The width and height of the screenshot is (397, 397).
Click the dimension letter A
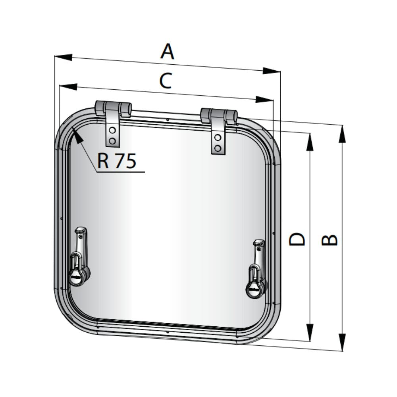(x=167, y=52)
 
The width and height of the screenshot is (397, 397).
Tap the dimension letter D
(x=297, y=239)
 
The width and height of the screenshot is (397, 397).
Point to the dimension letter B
(x=329, y=240)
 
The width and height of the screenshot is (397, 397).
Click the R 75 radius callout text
(x=117, y=161)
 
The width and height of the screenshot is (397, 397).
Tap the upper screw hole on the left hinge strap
(x=112, y=131)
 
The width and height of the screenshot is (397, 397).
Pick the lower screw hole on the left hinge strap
(x=112, y=141)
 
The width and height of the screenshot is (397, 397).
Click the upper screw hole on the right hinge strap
(x=218, y=138)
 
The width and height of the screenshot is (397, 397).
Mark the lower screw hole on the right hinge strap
(x=218, y=148)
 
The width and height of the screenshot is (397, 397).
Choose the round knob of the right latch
(x=255, y=289)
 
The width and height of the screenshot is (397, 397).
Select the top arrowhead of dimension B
(x=342, y=133)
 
